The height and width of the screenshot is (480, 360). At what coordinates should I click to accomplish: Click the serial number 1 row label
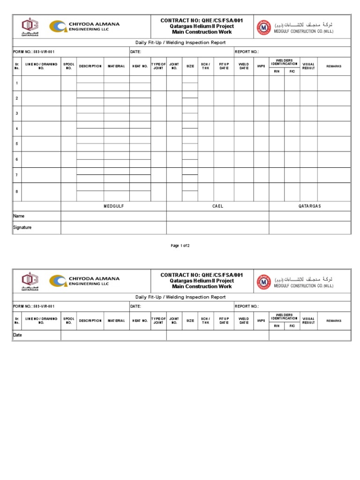(x=17, y=83)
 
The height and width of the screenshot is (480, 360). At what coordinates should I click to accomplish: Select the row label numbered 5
(x=17, y=144)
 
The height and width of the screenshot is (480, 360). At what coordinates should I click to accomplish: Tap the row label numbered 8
(x=17, y=191)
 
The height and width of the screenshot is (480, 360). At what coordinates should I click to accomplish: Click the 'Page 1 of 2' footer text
(x=180, y=246)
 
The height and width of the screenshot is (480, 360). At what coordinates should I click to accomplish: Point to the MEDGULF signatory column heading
(x=113, y=206)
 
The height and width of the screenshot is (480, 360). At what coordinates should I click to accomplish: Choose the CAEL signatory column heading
(x=217, y=206)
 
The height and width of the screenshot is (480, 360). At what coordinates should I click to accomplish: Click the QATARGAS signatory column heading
(x=309, y=206)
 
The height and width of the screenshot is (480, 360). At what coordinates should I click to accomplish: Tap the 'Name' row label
(x=19, y=216)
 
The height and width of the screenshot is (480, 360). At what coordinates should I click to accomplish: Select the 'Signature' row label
(x=22, y=228)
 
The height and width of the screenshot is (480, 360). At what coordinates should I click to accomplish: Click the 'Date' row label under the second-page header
(x=17, y=335)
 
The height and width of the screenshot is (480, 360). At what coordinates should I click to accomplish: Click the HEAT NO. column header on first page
(x=140, y=67)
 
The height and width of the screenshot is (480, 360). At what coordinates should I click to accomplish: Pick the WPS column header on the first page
(x=261, y=67)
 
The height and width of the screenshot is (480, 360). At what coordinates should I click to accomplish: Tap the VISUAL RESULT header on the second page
(x=308, y=321)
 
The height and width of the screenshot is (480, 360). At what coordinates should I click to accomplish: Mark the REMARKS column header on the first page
(x=334, y=67)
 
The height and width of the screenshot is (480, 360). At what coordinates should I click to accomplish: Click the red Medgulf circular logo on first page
(x=263, y=28)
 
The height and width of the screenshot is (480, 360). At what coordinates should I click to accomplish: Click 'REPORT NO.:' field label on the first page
(x=247, y=52)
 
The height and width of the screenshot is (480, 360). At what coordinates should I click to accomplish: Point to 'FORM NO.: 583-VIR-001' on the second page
(x=30, y=306)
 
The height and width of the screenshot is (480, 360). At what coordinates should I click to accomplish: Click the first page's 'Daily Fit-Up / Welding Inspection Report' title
(x=180, y=43)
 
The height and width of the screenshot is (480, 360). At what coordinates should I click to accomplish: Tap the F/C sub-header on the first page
(x=292, y=71)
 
